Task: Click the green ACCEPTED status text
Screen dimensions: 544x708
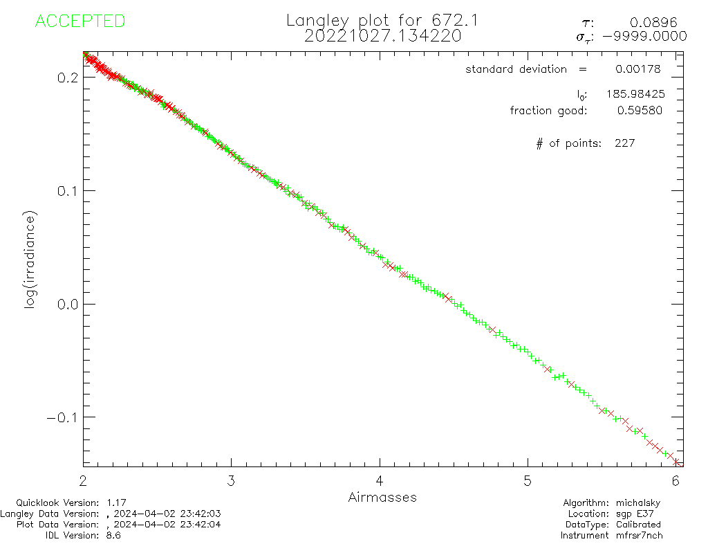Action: pos(80,21)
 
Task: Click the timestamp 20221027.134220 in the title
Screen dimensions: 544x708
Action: pos(382,36)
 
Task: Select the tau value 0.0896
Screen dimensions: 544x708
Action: pos(658,23)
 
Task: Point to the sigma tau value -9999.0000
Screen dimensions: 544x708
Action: pos(645,37)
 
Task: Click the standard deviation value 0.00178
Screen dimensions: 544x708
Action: pos(637,69)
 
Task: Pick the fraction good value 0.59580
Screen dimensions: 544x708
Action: pos(639,111)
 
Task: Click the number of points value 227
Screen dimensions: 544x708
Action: pos(624,143)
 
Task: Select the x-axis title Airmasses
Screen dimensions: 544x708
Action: pos(382,497)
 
